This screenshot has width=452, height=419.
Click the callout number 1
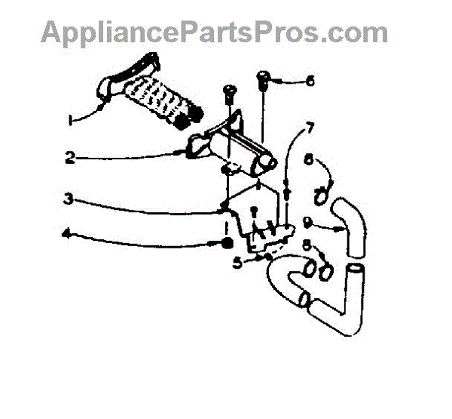coord(70,120)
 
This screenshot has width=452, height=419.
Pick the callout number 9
coord(308,222)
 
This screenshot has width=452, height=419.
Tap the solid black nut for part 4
coord(225,244)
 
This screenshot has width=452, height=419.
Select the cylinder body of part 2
coord(234,148)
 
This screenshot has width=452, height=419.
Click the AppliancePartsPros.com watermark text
coord(215,32)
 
